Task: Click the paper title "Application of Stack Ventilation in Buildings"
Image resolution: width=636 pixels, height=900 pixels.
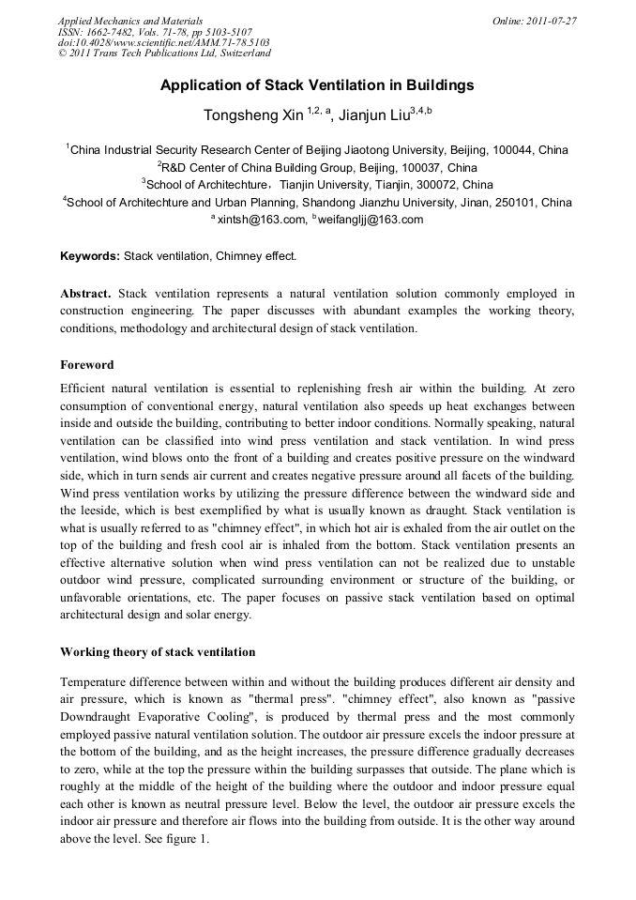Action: [317, 85]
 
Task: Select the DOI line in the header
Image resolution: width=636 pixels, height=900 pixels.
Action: [163, 42]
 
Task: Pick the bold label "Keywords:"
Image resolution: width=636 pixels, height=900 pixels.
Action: [90, 255]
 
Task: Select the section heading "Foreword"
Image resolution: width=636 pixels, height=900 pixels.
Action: [86, 364]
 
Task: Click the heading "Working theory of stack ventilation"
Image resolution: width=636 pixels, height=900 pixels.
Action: [158, 651]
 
